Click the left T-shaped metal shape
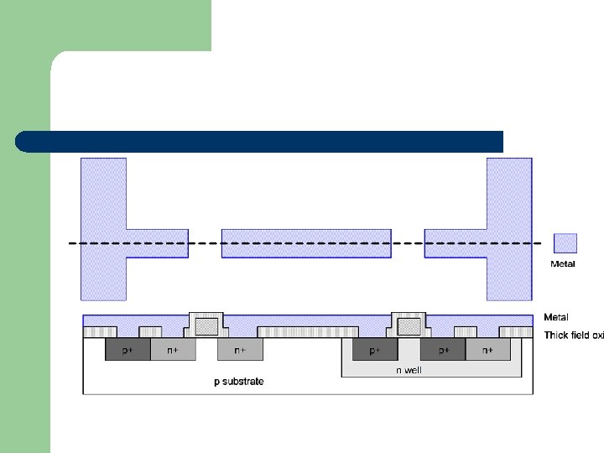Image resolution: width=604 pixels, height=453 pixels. [x=103, y=226]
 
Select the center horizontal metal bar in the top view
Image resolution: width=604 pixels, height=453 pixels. [x=306, y=242]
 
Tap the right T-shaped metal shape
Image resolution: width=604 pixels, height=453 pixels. [x=508, y=226]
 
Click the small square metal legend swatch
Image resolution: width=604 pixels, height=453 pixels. [x=565, y=243]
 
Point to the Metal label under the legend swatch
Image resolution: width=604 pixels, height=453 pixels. [x=563, y=264]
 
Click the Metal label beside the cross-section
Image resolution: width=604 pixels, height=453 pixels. [x=556, y=317]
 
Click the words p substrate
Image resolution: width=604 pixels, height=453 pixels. [x=238, y=382]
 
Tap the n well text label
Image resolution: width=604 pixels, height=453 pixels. [x=409, y=370]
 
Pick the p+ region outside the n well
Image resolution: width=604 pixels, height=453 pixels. [x=128, y=350]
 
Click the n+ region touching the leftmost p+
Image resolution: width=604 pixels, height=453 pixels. [x=173, y=350]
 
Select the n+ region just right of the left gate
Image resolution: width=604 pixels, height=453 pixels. [x=240, y=350]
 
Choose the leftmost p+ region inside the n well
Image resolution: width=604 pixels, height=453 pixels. [x=375, y=350]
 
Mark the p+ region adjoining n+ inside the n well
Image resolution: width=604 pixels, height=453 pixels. [x=443, y=350]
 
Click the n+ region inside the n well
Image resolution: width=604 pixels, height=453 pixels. [x=487, y=350]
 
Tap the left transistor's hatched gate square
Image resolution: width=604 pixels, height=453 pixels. [x=206, y=325]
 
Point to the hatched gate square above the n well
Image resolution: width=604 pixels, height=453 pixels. [x=409, y=325]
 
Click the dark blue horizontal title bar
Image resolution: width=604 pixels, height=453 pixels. [x=259, y=141]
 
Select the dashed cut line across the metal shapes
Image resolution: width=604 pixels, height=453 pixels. [x=306, y=243]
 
